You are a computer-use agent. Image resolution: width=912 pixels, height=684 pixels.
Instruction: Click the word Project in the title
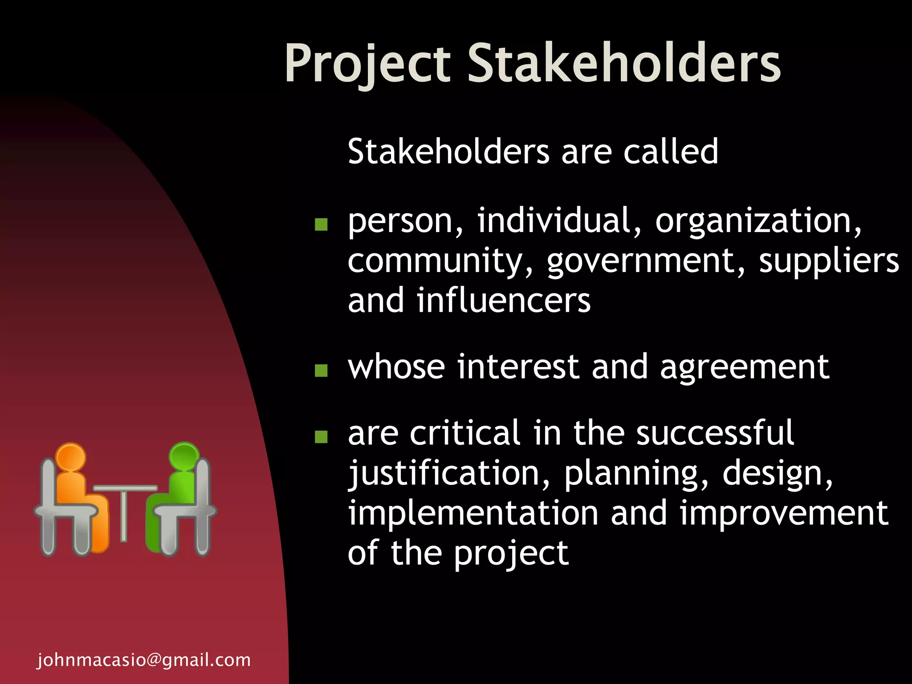368,63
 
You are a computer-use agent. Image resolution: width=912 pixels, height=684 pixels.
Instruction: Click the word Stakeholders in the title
624,63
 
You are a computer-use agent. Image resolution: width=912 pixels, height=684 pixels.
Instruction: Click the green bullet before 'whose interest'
321,370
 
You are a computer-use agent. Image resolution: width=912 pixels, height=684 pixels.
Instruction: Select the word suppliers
829,261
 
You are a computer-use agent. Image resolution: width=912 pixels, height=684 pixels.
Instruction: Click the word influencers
504,301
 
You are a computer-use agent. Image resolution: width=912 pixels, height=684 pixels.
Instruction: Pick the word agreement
745,367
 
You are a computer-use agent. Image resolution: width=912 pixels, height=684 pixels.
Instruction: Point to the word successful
715,433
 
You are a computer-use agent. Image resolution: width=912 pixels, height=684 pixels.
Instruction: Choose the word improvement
784,513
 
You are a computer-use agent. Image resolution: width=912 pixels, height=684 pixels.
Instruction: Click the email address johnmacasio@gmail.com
144,660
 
